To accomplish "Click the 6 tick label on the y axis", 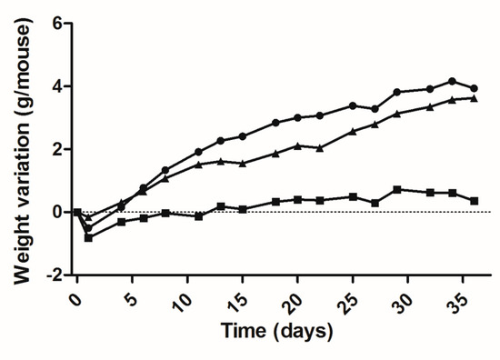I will [58, 24].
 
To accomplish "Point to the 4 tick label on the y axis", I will [58, 86].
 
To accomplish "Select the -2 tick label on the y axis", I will [55, 275].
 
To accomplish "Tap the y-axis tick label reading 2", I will [58, 149].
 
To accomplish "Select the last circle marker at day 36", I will [475, 88].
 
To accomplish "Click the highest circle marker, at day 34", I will [452, 81].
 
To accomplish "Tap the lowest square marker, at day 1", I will [88, 237].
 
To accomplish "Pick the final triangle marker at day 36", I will [475, 98].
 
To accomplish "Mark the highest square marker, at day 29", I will [397, 189].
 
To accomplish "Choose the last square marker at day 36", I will [475, 200].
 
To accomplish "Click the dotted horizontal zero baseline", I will [273, 212].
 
